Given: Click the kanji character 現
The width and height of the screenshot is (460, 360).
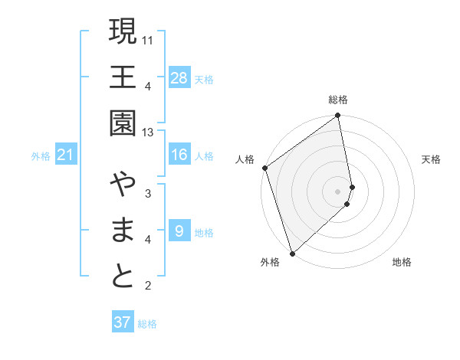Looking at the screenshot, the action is (x=123, y=32).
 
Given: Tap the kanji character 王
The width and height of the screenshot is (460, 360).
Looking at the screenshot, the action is (x=123, y=77).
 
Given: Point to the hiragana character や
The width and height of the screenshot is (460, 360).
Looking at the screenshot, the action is (x=123, y=185).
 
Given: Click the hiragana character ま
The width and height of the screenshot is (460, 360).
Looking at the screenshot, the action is (x=123, y=231).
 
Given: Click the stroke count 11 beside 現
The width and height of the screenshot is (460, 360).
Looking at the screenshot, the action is (x=149, y=39).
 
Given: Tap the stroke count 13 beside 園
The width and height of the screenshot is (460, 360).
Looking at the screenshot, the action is (x=149, y=133).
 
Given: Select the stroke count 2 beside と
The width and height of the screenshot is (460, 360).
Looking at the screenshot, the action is (x=147, y=286).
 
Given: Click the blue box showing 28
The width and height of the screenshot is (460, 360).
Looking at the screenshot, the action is (x=179, y=77).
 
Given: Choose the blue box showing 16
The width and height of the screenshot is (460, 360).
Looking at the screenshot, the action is (x=179, y=155).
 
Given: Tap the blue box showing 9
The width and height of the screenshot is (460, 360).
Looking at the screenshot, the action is (x=179, y=231).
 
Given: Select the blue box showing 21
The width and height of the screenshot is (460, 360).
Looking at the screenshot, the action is (x=66, y=155).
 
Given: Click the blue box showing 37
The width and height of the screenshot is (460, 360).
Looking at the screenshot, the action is (x=123, y=322).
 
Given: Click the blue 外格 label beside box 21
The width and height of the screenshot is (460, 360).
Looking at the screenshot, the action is (x=41, y=156).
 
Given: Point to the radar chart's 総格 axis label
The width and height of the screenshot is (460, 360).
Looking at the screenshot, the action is (x=338, y=100).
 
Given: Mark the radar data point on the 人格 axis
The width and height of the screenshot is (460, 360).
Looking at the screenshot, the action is (x=264, y=168).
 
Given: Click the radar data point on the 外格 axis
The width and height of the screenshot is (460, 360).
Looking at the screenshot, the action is (x=292, y=253).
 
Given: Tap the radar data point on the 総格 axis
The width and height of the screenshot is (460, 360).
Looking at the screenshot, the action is (x=338, y=116).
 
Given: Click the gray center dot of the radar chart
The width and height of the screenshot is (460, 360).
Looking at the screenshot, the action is (x=338, y=191).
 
